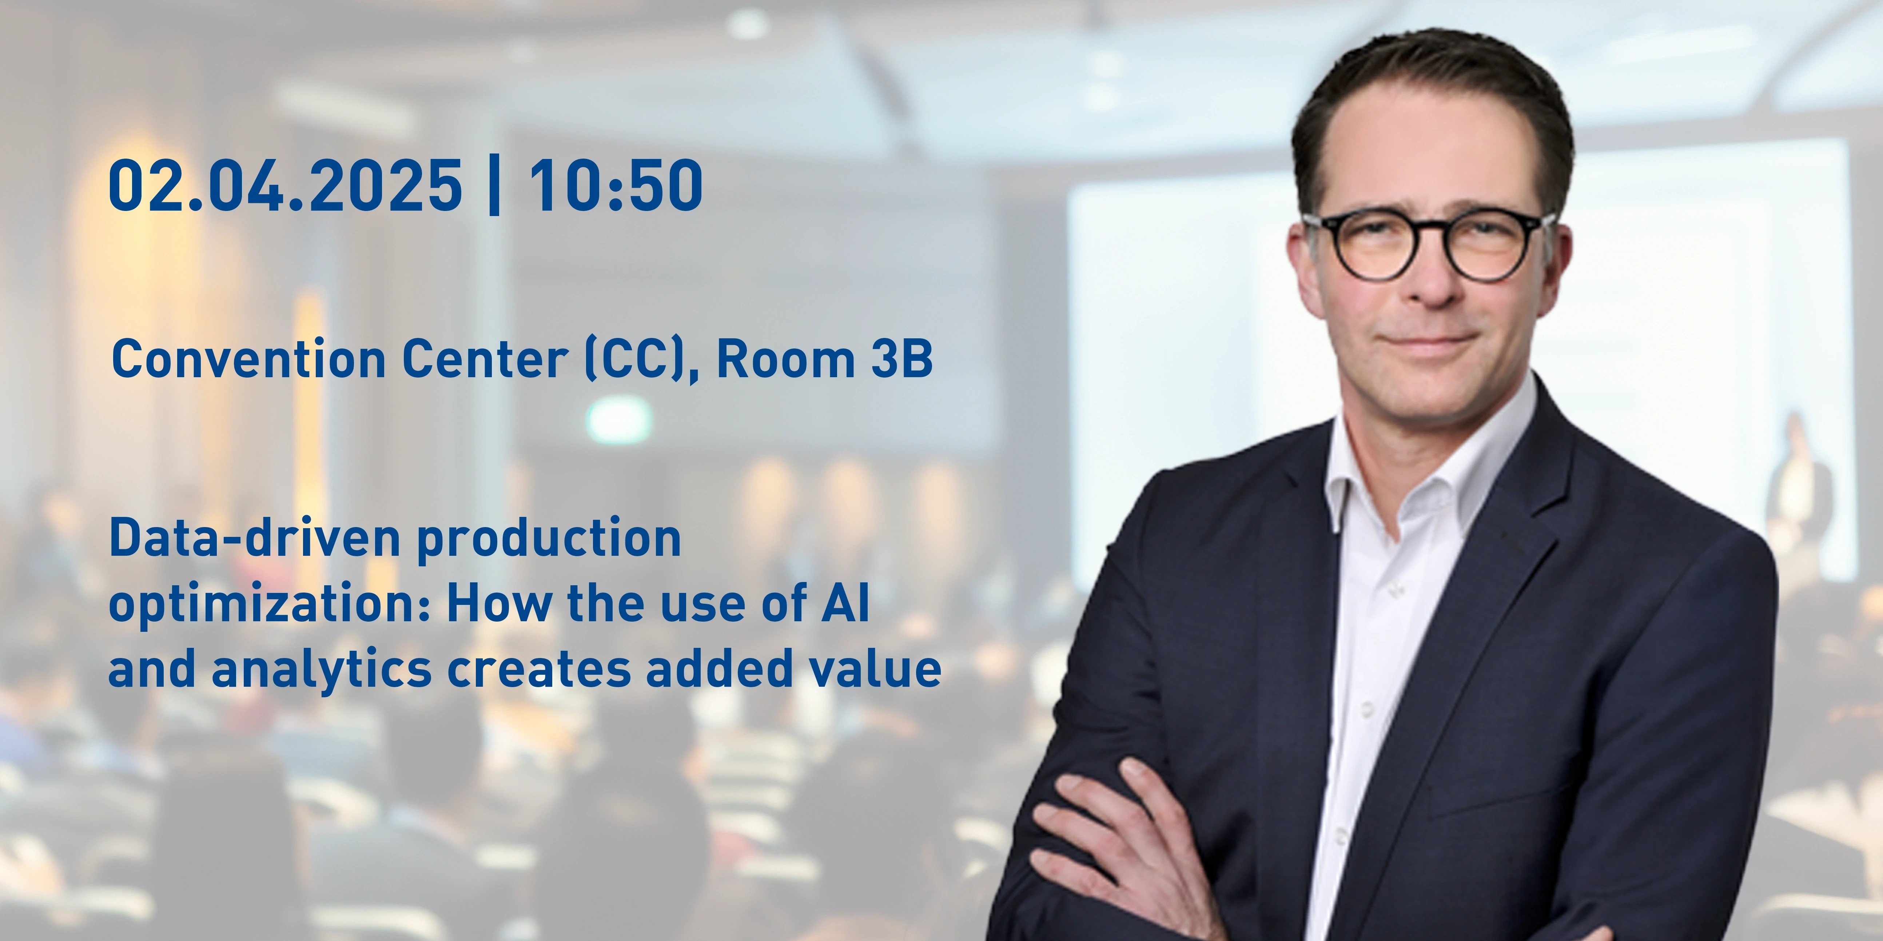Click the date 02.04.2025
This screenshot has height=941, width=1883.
tap(285, 186)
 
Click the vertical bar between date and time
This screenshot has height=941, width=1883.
tap(494, 186)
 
